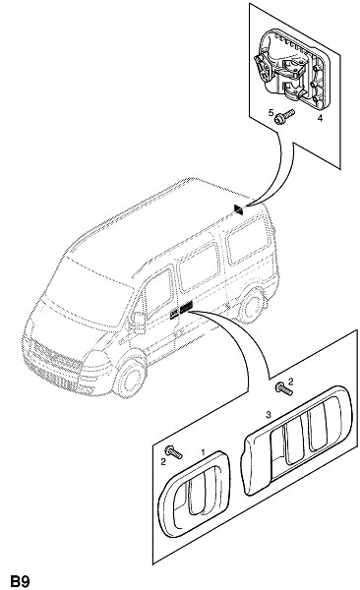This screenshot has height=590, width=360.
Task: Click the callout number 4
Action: (320, 118)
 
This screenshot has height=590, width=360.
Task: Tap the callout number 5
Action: (270, 112)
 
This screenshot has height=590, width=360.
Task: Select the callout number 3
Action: (269, 415)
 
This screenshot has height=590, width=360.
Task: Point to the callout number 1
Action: (204, 452)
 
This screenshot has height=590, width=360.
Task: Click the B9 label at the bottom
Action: (20, 581)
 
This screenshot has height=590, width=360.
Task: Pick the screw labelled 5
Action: (284, 116)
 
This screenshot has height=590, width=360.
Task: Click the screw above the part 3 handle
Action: (283, 388)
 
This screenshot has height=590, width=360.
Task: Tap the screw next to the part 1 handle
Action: (173, 451)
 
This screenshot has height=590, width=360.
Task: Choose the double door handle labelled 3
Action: (297, 440)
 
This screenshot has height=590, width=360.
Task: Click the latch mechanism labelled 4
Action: (291, 70)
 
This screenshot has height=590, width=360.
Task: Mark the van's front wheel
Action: (130, 377)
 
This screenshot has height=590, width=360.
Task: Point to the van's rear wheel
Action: (252, 305)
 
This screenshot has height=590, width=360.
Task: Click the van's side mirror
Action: (139, 323)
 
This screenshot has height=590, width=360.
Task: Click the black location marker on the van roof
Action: (239, 210)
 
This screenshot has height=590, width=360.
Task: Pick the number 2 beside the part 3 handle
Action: (290, 382)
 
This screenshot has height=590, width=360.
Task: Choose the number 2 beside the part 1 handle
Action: (163, 462)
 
